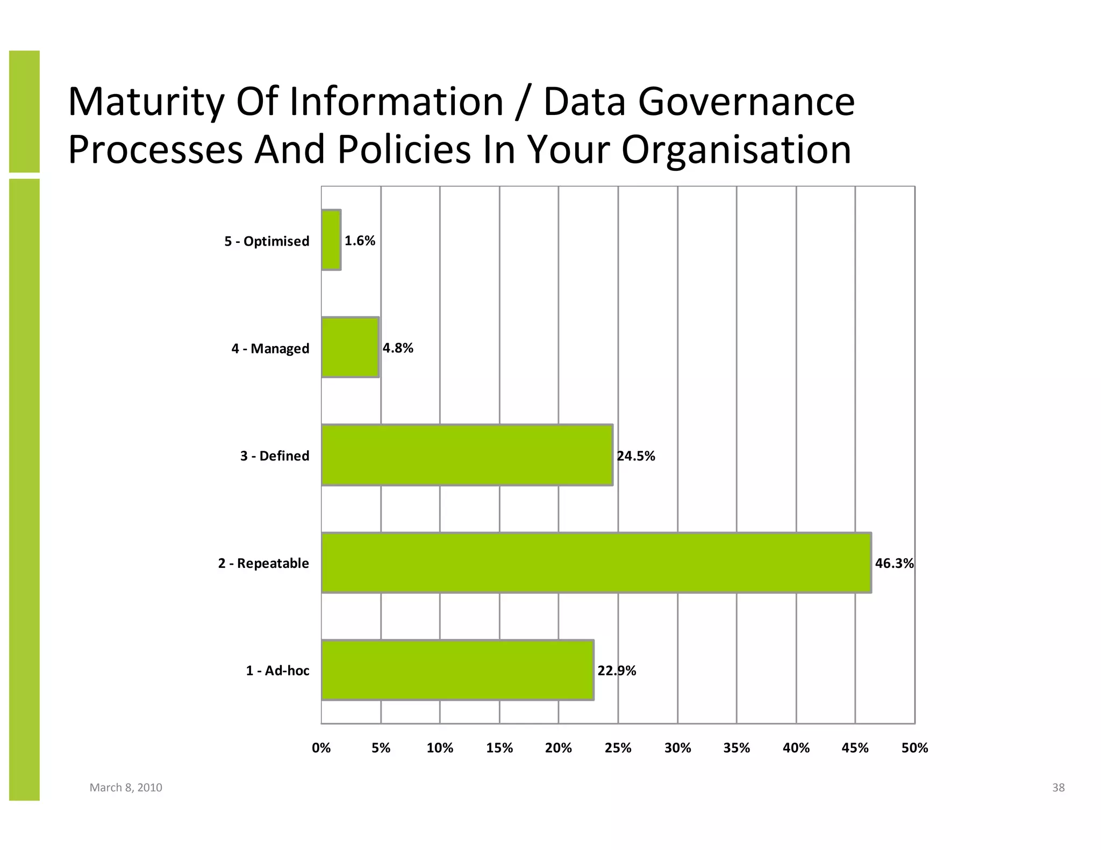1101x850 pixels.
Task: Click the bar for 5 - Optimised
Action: point(331,240)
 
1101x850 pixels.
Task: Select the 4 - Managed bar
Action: point(350,348)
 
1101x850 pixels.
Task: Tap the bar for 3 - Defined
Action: point(467,455)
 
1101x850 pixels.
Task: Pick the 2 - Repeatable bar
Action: point(596,563)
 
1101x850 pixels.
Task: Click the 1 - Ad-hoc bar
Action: point(457,670)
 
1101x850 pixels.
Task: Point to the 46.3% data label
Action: point(894,563)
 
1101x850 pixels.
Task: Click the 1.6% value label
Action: point(360,241)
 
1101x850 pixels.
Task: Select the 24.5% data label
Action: point(636,456)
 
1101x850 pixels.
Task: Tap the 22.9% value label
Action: point(617,671)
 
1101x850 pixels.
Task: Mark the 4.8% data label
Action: point(398,348)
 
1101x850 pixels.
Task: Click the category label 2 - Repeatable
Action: point(263,563)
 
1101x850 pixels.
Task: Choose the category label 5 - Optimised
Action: point(267,241)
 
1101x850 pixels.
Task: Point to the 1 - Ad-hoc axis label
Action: point(277,671)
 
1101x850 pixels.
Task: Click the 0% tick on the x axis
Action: point(321,748)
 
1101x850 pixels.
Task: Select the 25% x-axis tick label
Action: point(618,748)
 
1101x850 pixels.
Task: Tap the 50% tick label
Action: point(914,748)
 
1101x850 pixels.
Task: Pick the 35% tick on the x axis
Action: point(737,748)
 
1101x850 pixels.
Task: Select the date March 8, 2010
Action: point(126,788)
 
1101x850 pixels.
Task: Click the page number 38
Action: point(1058,788)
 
